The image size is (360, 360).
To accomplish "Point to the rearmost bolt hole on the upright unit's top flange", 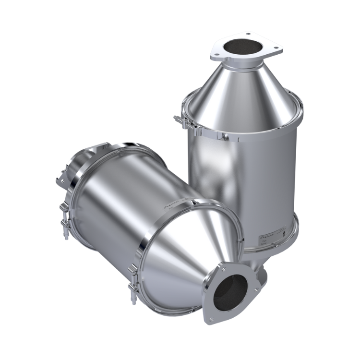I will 249,35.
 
